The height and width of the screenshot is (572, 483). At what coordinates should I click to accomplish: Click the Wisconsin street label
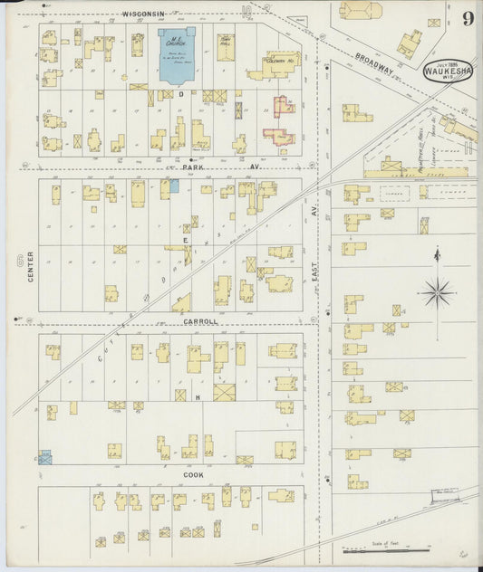[x=145, y=14]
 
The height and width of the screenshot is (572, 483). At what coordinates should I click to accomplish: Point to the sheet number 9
[x=468, y=18]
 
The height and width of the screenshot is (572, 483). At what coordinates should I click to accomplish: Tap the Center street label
[x=30, y=266]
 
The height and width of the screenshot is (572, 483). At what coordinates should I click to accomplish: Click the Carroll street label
[x=200, y=321]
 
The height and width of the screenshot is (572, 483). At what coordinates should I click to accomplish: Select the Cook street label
[x=192, y=474]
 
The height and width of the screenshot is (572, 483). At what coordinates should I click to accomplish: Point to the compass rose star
[x=437, y=291]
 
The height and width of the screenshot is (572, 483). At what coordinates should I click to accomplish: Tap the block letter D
[x=179, y=92]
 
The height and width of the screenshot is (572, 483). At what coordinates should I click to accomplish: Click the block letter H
[x=197, y=396]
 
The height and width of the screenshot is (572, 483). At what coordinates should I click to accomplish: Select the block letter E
[x=185, y=241]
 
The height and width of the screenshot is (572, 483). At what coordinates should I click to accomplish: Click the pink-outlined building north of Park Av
[x=281, y=121]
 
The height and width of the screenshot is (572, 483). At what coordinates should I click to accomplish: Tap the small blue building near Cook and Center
[x=44, y=459]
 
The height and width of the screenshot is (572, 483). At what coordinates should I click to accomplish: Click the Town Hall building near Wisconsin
[x=225, y=47]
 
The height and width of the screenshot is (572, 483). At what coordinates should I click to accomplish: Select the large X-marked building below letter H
[x=224, y=392]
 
